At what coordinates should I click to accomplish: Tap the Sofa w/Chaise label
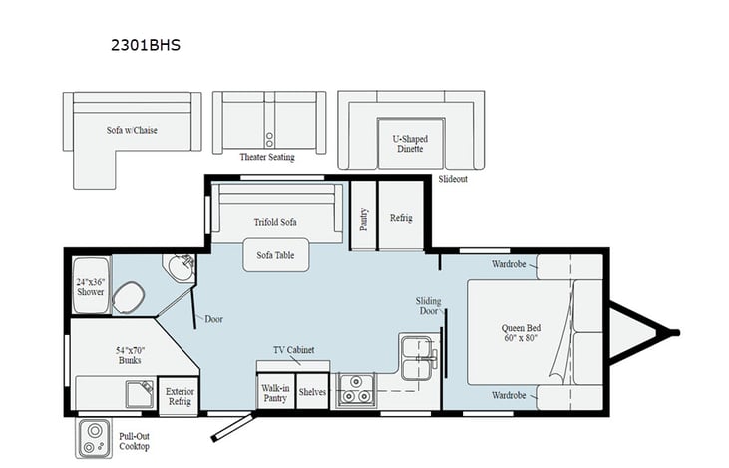(133, 130)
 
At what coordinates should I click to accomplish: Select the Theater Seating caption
(266, 157)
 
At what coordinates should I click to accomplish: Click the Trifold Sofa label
(275, 221)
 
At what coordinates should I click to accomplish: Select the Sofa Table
(276, 255)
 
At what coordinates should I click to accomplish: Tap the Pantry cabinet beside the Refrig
(363, 218)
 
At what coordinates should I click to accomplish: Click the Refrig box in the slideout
(401, 218)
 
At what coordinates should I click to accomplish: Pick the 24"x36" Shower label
(91, 286)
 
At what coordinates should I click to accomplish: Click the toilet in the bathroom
(128, 296)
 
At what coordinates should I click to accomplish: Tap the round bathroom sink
(180, 267)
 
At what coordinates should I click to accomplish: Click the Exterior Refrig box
(181, 397)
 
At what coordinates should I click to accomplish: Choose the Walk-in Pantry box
(275, 392)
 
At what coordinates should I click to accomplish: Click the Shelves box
(312, 392)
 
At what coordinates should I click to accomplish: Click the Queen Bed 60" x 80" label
(522, 332)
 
